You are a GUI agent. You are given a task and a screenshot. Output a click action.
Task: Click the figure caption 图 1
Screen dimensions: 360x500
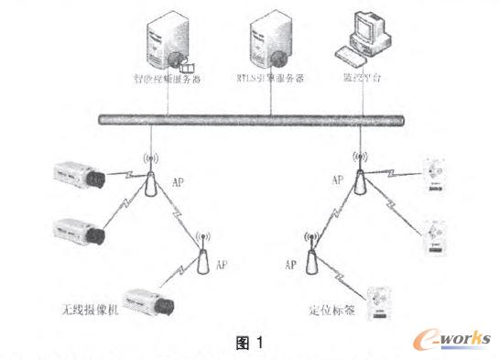[x=248, y=344]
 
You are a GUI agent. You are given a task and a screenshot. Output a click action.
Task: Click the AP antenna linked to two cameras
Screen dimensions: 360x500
[x=148, y=184]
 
